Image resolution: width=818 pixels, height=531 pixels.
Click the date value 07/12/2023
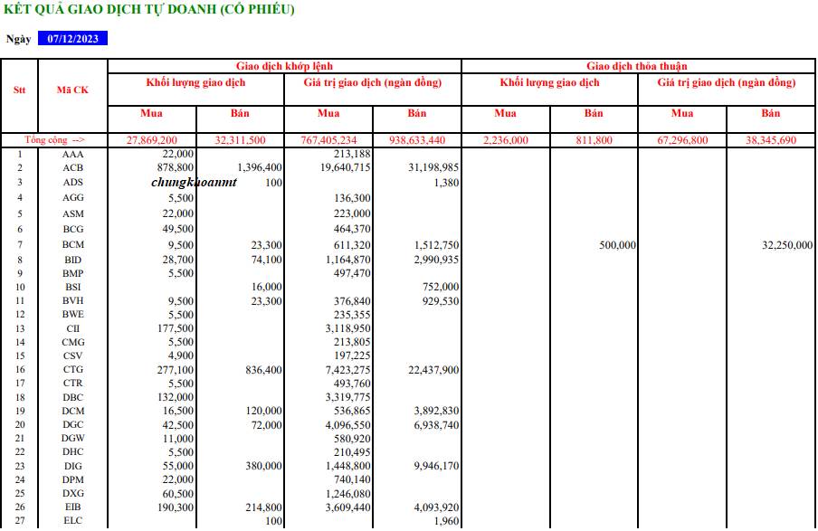(x=72, y=39)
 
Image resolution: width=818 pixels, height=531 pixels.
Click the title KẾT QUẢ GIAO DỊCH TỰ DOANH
(x=149, y=10)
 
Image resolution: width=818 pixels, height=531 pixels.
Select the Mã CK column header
(x=72, y=90)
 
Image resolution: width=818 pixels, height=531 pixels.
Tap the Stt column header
(x=19, y=90)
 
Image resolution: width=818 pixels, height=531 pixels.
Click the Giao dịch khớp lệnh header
(x=284, y=66)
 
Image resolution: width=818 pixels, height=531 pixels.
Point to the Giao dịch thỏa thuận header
(x=636, y=66)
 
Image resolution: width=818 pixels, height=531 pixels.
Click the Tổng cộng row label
(x=55, y=140)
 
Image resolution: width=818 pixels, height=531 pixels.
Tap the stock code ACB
(x=73, y=167)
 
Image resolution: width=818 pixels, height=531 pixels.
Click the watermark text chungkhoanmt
(x=194, y=182)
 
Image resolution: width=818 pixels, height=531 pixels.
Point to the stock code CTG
(x=73, y=370)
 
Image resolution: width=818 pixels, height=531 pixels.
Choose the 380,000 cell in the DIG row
(x=261, y=466)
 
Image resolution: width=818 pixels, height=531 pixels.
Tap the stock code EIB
(x=73, y=507)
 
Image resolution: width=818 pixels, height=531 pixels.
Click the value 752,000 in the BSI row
(x=441, y=287)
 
